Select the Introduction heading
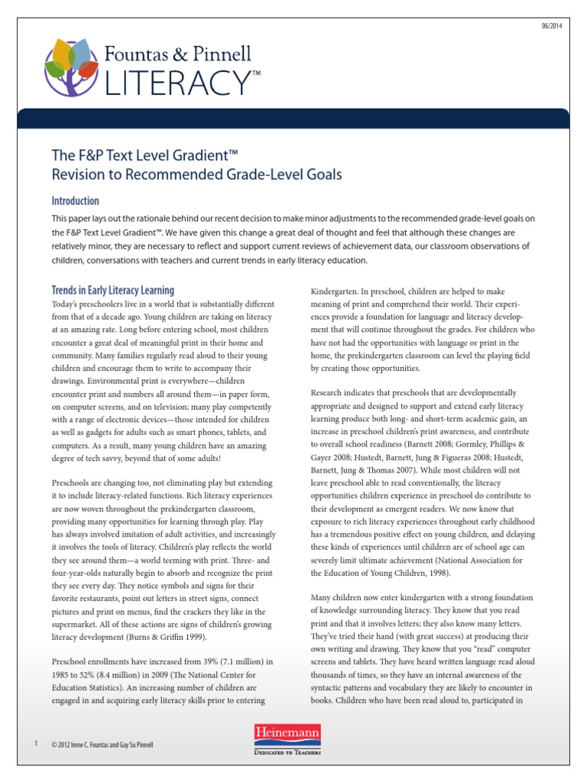point(75,201)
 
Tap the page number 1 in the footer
point(36,744)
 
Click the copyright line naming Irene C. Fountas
point(96,745)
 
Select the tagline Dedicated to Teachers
point(287,752)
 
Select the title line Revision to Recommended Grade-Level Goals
point(196,174)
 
